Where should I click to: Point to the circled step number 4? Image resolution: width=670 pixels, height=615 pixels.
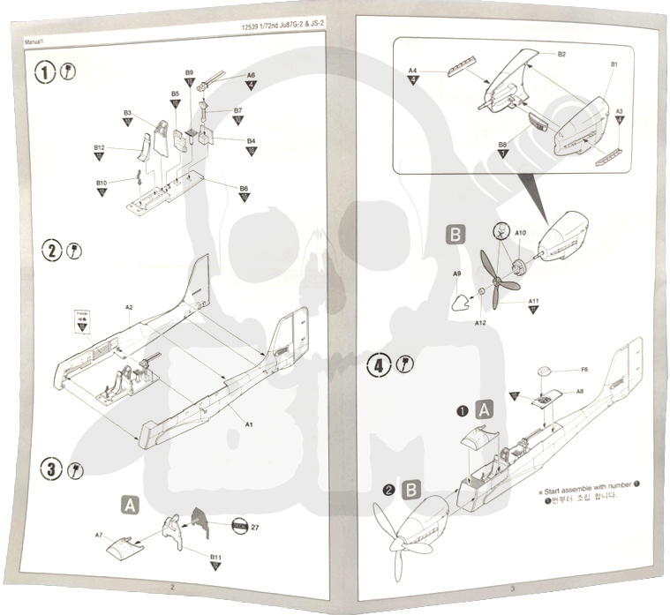[x=380, y=364]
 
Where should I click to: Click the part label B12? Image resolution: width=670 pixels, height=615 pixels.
[x=99, y=147]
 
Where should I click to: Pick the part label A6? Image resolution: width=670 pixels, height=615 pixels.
[x=251, y=76]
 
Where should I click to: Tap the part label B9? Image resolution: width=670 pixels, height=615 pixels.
[x=189, y=72]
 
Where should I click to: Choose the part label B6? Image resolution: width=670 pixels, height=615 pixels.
[x=244, y=188]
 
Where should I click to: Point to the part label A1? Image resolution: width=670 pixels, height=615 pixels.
[x=250, y=424]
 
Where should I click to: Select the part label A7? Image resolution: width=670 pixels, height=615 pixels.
[x=99, y=535]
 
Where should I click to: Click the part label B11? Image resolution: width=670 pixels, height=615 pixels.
[x=215, y=557]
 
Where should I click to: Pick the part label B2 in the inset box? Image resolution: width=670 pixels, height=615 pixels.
[x=561, y=55]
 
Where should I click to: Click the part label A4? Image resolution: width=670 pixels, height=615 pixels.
[x=412, y=71]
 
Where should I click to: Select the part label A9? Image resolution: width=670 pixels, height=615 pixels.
[x=457, y=274]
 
